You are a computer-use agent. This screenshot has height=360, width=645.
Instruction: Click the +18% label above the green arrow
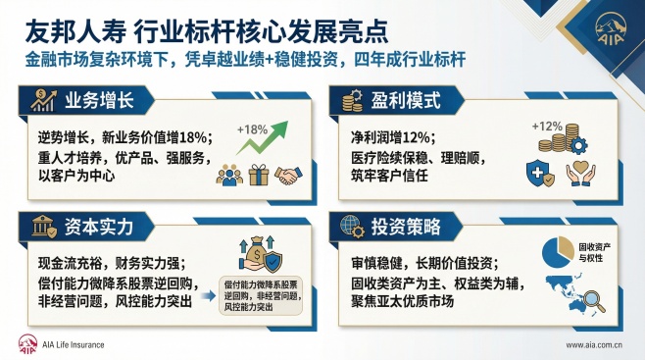click(252, 129)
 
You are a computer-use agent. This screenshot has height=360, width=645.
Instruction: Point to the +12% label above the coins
click(546, 127)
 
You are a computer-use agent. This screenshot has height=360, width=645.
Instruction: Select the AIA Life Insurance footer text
click(68, 345)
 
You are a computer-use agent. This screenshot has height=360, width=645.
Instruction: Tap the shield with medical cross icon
click(542, 173)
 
